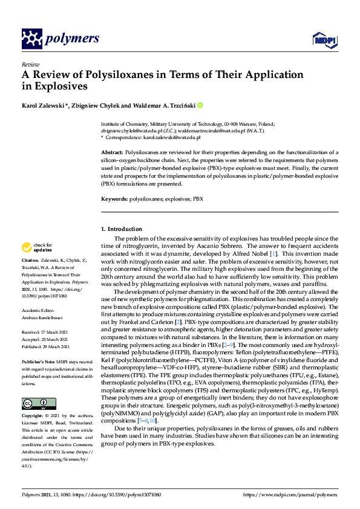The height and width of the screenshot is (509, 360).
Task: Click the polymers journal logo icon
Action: point(32,39)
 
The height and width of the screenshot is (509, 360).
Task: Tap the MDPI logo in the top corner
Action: point(321,40)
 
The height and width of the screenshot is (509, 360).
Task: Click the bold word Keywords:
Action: point(114,199)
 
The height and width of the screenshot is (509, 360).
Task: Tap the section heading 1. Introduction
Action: point(122,229)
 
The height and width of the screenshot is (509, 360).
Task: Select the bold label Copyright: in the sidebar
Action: point(34,400)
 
